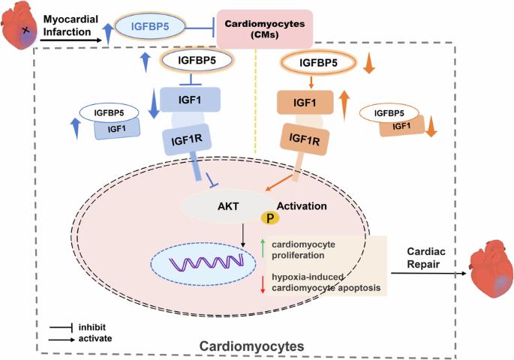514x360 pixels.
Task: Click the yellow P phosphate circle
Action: [270, 217]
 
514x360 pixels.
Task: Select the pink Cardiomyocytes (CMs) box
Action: [265, 28]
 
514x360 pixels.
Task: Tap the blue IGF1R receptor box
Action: [187, 139]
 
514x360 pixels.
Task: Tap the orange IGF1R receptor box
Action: [305, 139]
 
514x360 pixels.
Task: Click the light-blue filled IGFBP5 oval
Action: [150, 26]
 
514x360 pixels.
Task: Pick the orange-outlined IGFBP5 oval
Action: [318, 62]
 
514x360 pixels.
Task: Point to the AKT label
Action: [228, 206]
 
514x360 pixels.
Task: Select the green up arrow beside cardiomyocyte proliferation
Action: [262, 248]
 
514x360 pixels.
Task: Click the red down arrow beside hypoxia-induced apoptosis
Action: [262, 284]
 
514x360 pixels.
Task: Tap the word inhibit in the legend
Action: [92, 327]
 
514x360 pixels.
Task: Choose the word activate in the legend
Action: [95, 338]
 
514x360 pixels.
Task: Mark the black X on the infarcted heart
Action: [26, 31]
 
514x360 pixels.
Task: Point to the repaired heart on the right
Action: [491, 268]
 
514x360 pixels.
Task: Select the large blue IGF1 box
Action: [190, 100]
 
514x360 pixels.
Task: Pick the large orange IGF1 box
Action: [305, 103]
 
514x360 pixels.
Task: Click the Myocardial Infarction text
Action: [71, 25]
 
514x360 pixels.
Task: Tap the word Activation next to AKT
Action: [302, 206]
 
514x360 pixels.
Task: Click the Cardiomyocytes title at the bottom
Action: [252, 346]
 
